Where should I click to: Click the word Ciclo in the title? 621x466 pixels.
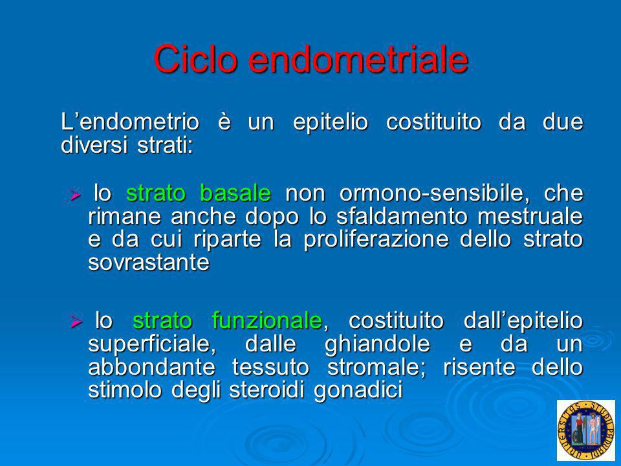195,59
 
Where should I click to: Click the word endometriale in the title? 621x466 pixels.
358,59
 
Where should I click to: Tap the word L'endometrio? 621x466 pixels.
130,122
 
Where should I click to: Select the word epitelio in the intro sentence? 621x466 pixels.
331,122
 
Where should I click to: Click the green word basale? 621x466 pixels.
235,193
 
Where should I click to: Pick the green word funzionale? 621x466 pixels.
267,320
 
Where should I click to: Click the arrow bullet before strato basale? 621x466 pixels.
75,195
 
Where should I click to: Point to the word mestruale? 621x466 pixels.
530,216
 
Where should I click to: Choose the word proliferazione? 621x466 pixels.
376,239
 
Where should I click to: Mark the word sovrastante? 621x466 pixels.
149,262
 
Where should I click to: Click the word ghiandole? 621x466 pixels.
377,344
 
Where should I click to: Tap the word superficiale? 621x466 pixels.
152,344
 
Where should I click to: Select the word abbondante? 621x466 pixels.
151,366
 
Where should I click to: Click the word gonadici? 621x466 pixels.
358,390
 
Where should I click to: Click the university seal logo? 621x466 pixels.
586,430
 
